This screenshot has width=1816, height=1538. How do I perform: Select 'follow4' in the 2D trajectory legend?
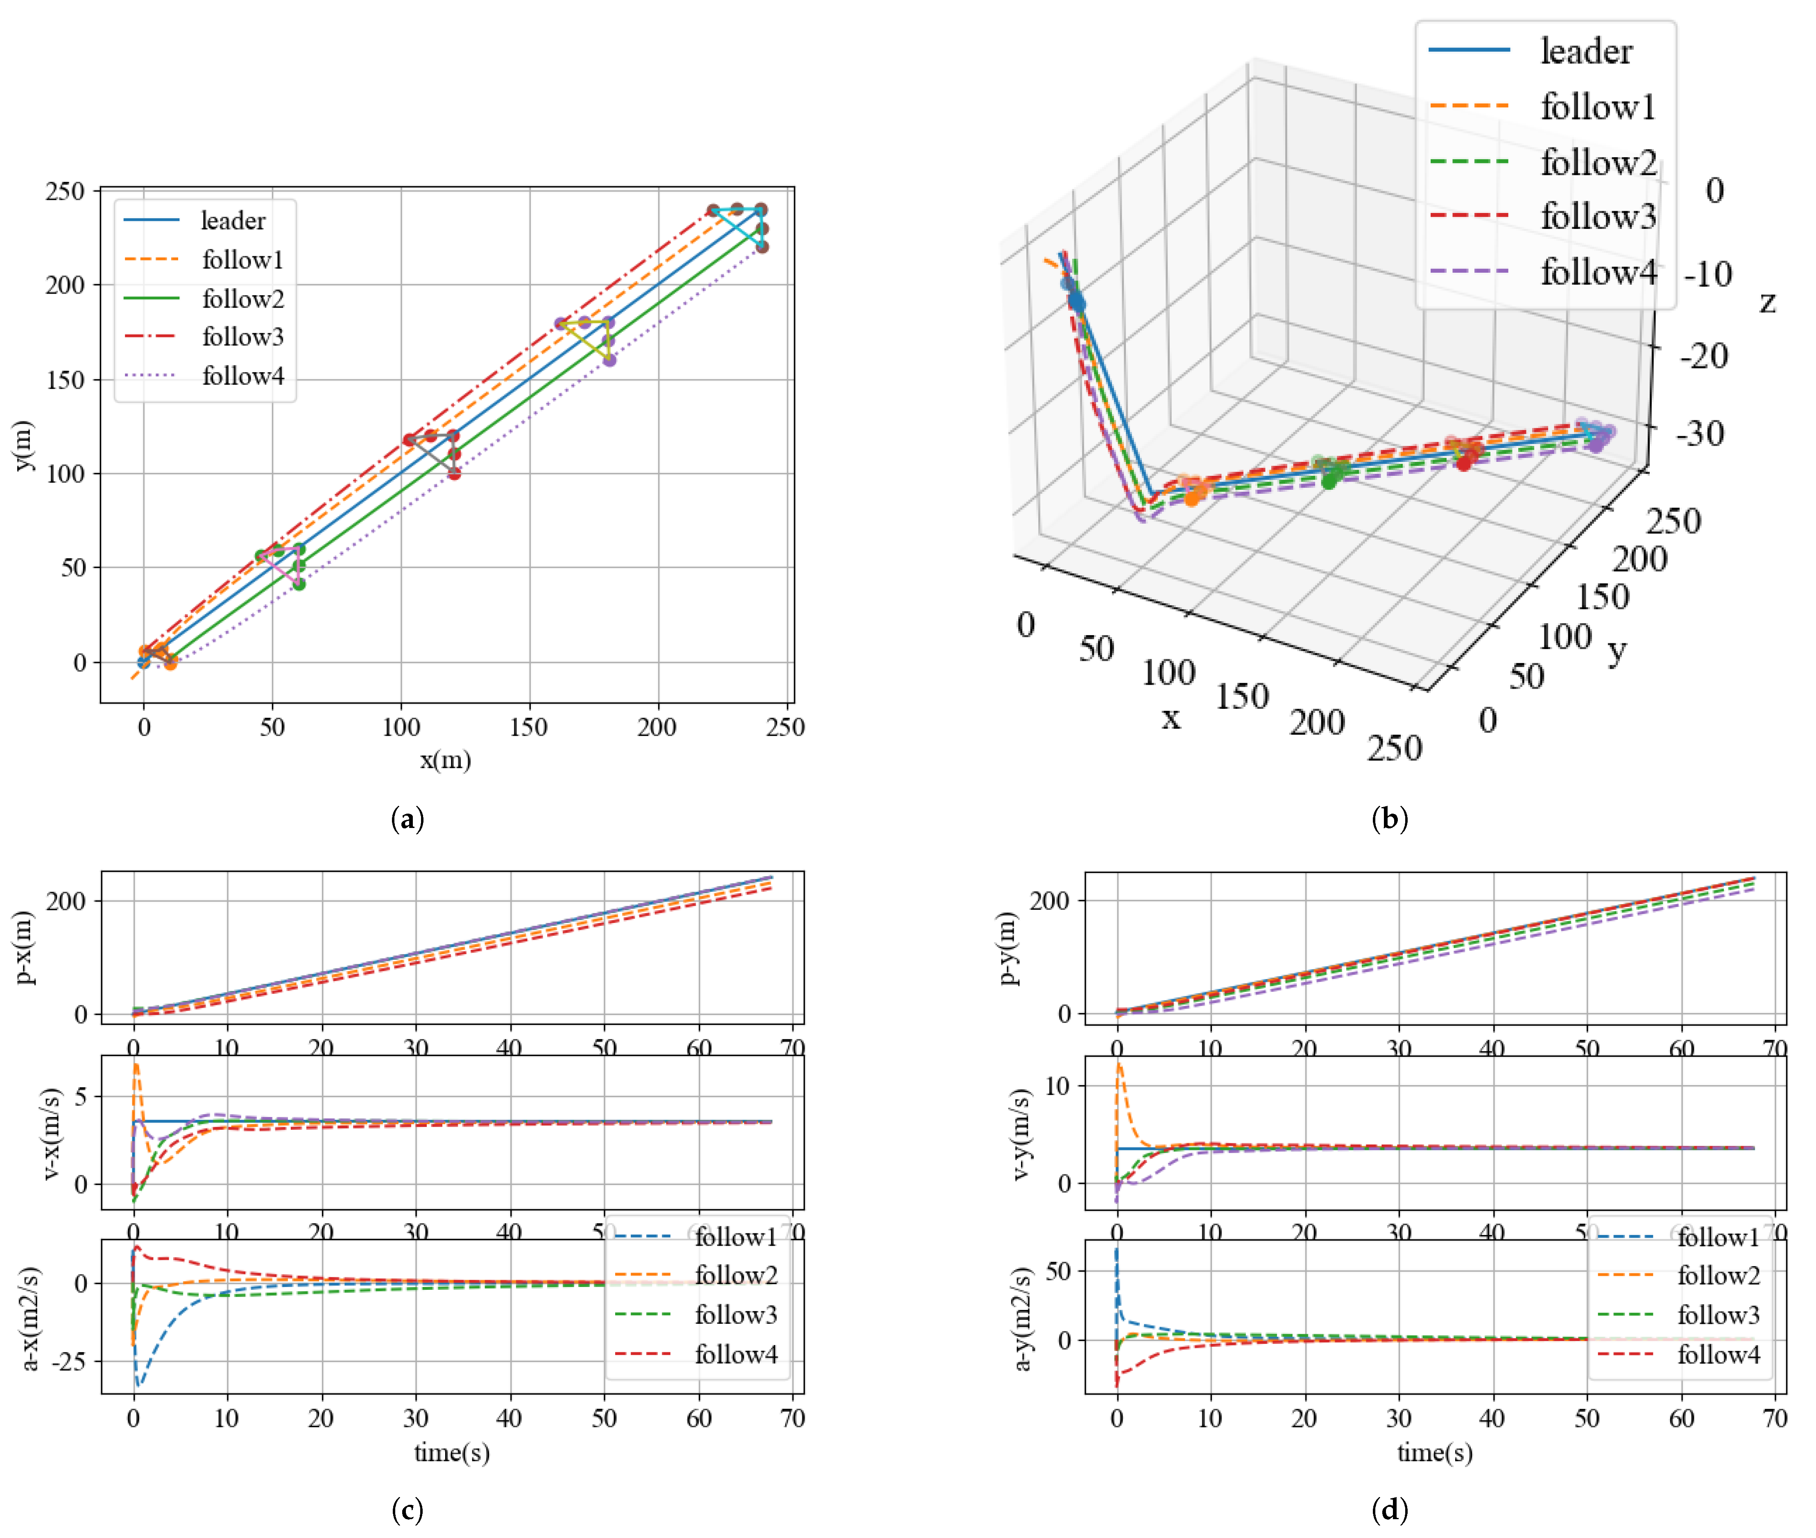point(242,376)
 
